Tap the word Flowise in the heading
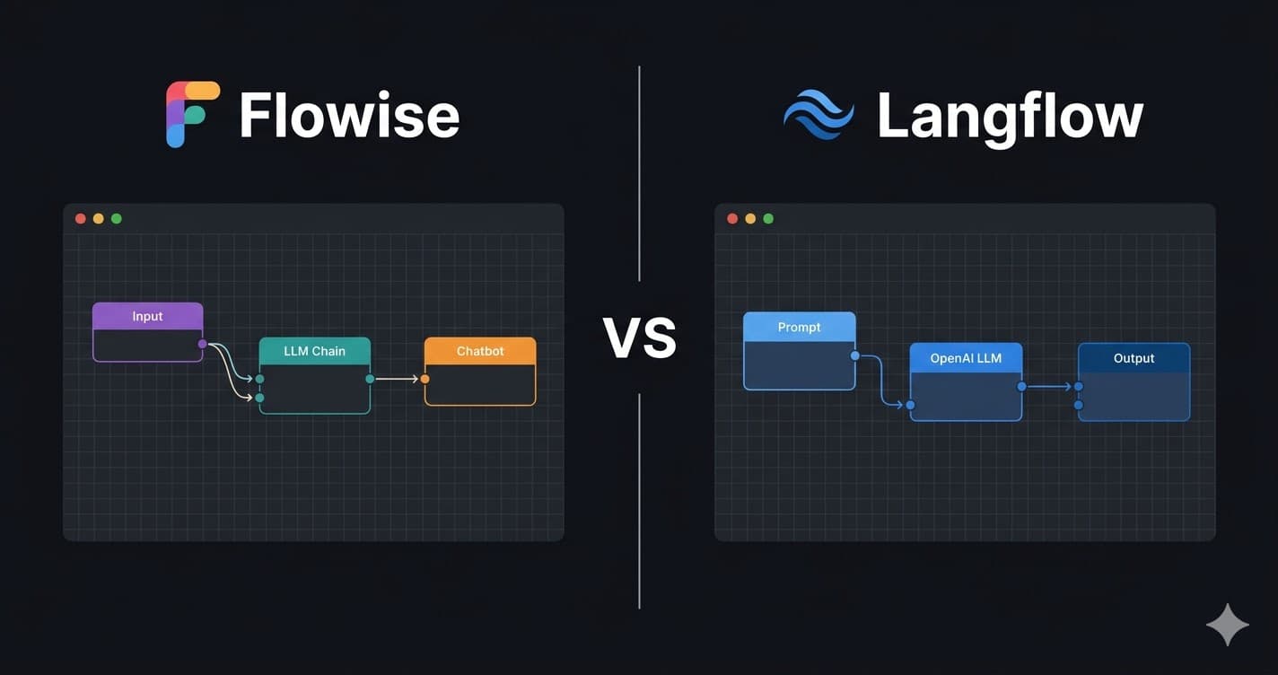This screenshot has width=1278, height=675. pyautogui.click(x=349, y=115)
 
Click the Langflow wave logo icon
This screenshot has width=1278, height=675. pyautogui.click(x=818, y=115)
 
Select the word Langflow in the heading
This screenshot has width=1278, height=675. pyautogui.click(x=1010, y=117)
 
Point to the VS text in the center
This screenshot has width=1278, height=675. pyautogui.click(x=639, y=337)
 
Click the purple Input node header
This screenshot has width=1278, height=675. pyautogui.click(x=148, y=316)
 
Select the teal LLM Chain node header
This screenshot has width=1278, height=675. pyautogui.click(x=314, y=351)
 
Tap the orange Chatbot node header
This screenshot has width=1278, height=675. pyautogui.click(x=480, y=351)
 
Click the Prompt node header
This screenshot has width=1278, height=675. pyautogui.click(x=799, y=327)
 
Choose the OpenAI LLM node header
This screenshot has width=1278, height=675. pyautogui.click(x=966, y=358)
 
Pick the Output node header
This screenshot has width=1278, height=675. pyautogui.click(x=1134, y=358)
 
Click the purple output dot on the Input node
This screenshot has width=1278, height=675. pyautogui.click(x=202, y=344)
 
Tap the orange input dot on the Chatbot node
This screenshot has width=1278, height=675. pyautogui.click(x=425, y=379)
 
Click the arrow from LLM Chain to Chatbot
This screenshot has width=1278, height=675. pyautogui.click(x=397, y=379)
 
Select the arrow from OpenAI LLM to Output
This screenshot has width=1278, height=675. pyautogui.click(x=1050, y=387)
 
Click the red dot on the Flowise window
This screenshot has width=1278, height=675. pyautogui.click(x=81, y=218)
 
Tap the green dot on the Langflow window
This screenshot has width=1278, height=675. pyautogui.click(x=768, y=218)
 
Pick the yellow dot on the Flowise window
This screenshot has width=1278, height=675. pyautogui.click(x=99, y=218)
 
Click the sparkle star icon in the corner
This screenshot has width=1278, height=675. pyautogui.click(x=1227, y=625)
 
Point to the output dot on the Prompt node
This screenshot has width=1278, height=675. pyautogui.click(x=854, y=355)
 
